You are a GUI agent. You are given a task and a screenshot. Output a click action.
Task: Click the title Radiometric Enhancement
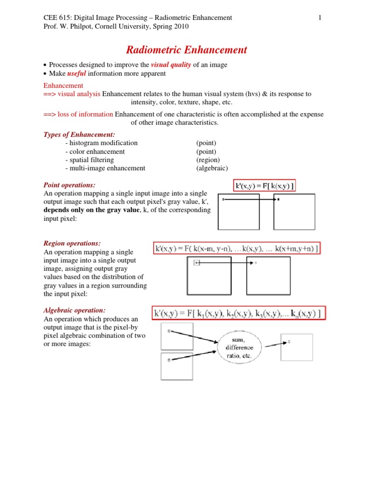tap(186, 50)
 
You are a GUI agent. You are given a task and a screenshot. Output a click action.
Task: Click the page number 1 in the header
tap(320, 18)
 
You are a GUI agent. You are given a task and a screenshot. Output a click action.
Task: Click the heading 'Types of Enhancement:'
tap(79, 134)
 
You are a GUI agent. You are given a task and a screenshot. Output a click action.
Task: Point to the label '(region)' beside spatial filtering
tap(208, 160)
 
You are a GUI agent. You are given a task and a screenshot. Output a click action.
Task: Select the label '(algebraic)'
tap(212, 168)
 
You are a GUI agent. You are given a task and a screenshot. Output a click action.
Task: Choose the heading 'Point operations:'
tap(70, 185)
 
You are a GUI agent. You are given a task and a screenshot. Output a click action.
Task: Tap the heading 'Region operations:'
tap(72, 243)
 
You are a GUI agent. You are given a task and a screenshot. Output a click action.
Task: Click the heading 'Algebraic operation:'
tap(74, 310)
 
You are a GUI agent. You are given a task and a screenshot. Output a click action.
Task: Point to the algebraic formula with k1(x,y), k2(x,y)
tap(239, 314)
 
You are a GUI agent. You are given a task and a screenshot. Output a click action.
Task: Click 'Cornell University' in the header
tap(118, 27)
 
